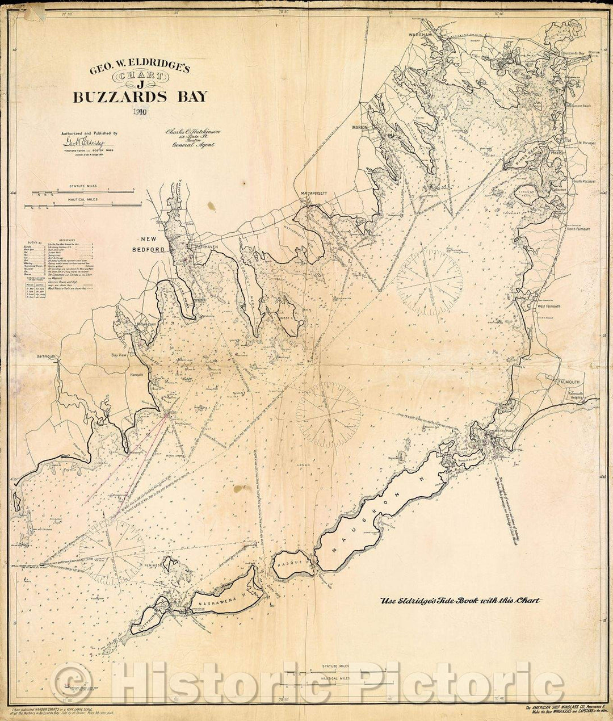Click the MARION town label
[360, 127]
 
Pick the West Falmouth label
[548, 306]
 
